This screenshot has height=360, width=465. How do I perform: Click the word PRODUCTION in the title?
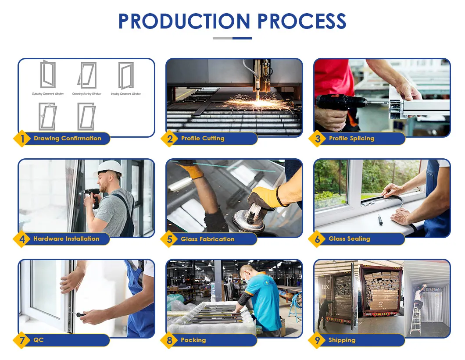coord(184,21)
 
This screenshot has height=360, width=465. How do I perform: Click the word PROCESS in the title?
coord(302,21)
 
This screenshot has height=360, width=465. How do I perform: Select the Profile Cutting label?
coord(202,139)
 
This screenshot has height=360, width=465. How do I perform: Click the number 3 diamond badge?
coord(318,139)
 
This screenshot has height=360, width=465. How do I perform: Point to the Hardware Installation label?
coord(66,239)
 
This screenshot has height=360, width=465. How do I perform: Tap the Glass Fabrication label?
coord(207,239)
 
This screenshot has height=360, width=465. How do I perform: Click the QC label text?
coord(39,340)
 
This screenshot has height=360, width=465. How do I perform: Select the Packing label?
coord(193,340)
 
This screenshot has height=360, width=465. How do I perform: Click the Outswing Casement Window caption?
coord(48,94)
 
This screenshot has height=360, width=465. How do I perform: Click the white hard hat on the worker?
coord(109,168)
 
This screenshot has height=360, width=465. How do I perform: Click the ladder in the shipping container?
coord(415,320)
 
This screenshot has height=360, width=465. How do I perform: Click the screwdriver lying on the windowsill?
coord(380,220)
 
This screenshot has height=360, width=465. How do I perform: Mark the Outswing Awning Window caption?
coord(86,94)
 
